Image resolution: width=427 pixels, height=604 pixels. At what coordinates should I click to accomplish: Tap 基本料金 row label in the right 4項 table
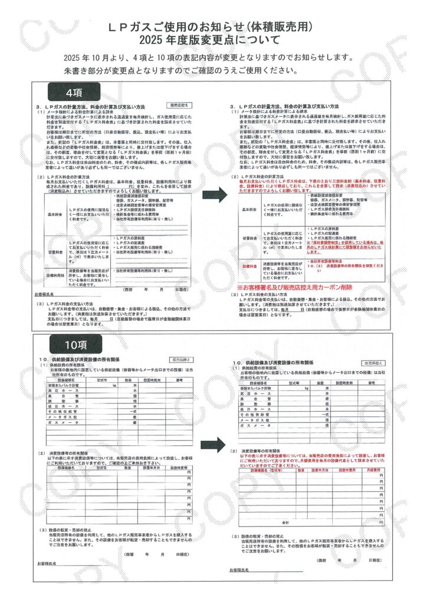(x=248, y=209)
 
